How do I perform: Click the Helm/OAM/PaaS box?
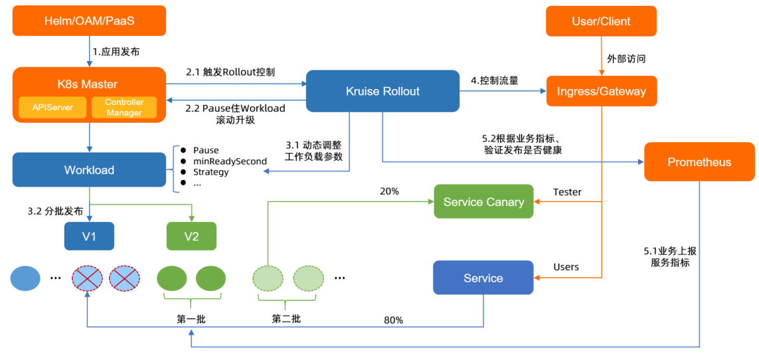coord(89,21)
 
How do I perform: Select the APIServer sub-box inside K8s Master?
coord(52,108)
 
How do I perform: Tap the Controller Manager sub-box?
coord(124,108)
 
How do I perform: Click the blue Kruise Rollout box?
coord(382,91)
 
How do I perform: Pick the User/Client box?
coord(601,21)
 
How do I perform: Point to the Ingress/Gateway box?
coord(601,91)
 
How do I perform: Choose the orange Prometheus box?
coord(699,162)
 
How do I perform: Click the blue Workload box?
coord(89,170)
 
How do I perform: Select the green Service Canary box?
coord(483,202)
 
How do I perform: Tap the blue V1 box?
coord(89,236)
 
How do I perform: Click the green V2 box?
coord(191,236)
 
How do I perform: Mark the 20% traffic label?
coord(389,191)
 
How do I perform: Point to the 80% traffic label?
coord(393,320)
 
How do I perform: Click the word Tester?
coord(567,192)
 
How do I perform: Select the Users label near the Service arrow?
coord(566,267)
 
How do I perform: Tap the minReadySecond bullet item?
coord(230,161)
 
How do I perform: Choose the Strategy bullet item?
coord(211,172)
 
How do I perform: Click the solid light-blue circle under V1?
coord(25,278)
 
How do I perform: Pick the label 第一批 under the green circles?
coord(191,319)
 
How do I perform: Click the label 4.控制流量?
coord(494,81)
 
